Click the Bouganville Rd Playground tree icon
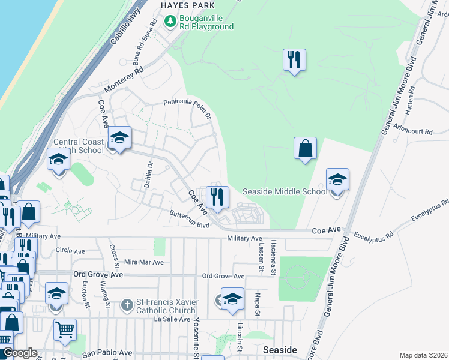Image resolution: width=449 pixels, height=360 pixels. pyautogui.click(x=171, y=22)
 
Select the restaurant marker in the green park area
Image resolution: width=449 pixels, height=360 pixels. pyautogui.click(x=294, y=60)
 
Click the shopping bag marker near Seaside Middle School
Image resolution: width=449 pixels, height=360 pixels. pyautogui.click(x=305, y=148)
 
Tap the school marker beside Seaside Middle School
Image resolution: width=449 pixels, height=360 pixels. pyautogui.click(x=337, y=179)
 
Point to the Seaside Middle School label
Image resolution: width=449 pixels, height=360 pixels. pyautogui.click(x=285, y=191)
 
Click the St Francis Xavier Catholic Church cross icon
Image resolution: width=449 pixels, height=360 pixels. pyautogui.click(x=126, y=305)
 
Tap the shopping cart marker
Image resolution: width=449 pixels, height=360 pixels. pyautogui.click(x=65, y=329)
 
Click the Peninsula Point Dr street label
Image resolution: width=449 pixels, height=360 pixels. pyautogui.click(x=187, y=108)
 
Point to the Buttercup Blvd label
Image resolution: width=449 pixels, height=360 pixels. pyautogui.click(x=188, y=218)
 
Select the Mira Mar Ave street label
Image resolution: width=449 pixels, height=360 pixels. pyautogui.click(x=143, y=262)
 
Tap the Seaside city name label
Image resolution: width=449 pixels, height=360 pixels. pyautogui.click(x=280, y=349)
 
